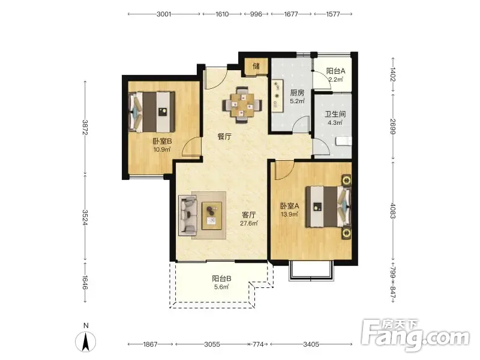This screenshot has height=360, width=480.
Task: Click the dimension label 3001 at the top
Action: [x=164, y=14]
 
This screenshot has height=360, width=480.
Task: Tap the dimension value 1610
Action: [x=222, y=14]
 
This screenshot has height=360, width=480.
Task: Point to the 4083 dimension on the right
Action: [x=393, y=211]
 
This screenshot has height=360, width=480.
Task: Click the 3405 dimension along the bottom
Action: [x=311, y=344]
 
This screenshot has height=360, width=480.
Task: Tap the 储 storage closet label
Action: [x=256, y=66]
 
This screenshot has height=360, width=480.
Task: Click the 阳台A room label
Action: [x=335, y=71]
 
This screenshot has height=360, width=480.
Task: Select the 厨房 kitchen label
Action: [x=297, y=92]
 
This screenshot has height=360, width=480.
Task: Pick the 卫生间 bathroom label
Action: [x=335, y=114]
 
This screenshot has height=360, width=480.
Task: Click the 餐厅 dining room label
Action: [x=224, y=137]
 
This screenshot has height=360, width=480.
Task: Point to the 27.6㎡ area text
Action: [x=249, y=223]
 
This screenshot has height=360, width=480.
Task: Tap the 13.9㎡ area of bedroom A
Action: [x=290, y=214]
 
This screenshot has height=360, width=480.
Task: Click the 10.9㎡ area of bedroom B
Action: [x=162, y=149]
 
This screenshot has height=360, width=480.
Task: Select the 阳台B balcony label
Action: [x=221, y=278]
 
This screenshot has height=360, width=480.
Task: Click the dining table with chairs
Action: [x=242, y=105]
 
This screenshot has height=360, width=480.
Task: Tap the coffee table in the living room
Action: [x=212, y=215]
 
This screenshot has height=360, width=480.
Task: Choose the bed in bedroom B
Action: [x=152, y=112]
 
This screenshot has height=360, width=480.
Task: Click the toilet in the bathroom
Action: [x=343, y=141]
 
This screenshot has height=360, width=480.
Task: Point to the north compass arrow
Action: [x=86, y=341]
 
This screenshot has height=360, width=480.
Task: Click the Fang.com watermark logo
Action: [x=415, y=336]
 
